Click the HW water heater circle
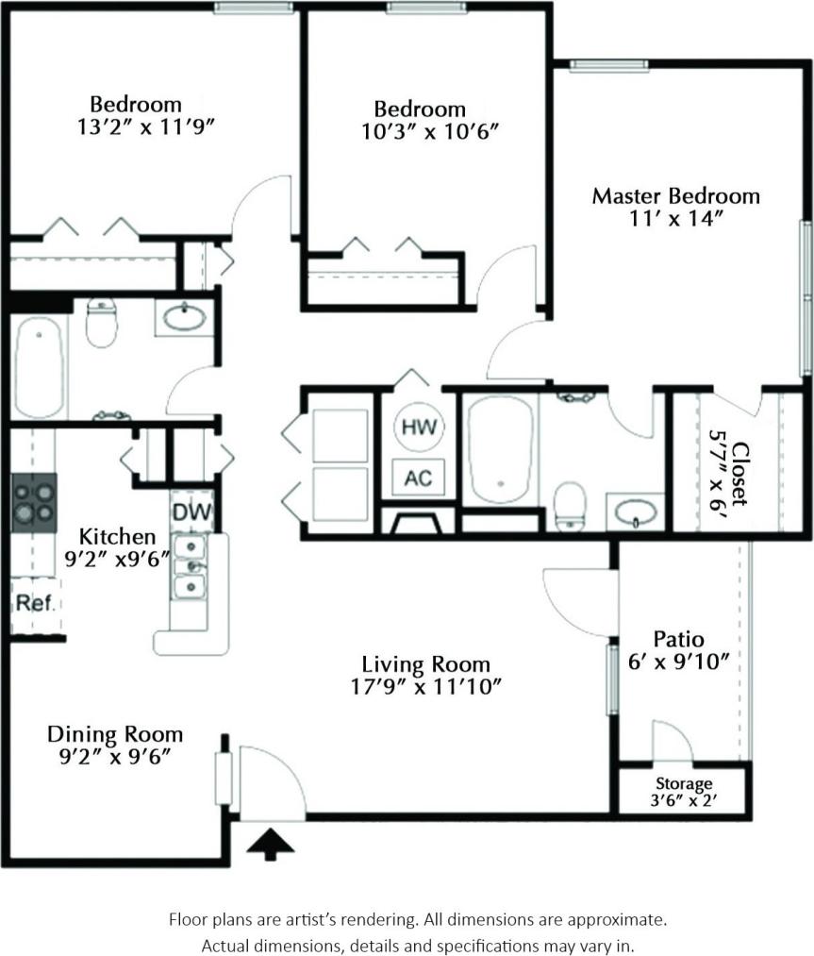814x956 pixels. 418,427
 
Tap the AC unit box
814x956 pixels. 418,478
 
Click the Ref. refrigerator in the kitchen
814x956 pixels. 33,604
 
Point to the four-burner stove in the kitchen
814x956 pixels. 33,498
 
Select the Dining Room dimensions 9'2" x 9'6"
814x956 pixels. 115,756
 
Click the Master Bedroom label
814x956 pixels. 675,196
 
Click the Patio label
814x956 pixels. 678,639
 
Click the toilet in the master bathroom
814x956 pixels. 570,505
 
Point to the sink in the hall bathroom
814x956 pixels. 184,317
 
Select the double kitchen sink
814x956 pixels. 191,566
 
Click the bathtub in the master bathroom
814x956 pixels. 500,449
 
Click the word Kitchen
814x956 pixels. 116,536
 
